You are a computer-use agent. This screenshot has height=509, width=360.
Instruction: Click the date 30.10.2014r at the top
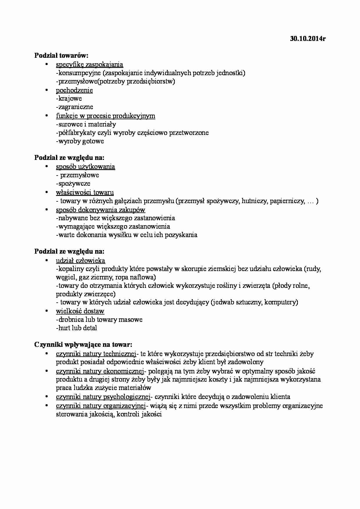click(308, 39)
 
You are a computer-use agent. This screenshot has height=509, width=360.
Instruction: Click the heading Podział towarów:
click(61, 55)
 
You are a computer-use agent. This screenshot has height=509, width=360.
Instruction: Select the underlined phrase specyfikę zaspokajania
click(89, 64)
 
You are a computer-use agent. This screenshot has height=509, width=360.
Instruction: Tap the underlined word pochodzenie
click(74, 90)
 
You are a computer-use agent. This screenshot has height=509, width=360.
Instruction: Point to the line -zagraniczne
click(75, 107)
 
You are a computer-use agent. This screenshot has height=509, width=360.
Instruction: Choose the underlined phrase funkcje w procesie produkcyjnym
click(105, 116)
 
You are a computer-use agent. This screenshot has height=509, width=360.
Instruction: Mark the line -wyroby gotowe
click(80, 141)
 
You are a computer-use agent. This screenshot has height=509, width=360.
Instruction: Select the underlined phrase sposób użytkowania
click(85, 167)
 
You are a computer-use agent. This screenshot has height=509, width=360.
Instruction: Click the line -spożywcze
click(73, 184)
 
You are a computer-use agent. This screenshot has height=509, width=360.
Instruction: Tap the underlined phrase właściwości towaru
click(85, 192)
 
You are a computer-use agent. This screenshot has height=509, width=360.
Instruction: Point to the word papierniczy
click(287, 201)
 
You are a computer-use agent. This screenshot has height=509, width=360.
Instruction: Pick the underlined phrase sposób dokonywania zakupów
click(100, 210)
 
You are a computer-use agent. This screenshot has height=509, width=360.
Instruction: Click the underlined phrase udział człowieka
click(80, 261)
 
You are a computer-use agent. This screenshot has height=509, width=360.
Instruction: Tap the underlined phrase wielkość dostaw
click(80, 311)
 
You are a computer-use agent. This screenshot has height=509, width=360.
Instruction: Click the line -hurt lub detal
click(76, 328)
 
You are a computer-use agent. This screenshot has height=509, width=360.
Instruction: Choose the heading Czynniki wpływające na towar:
click(83, 345)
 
